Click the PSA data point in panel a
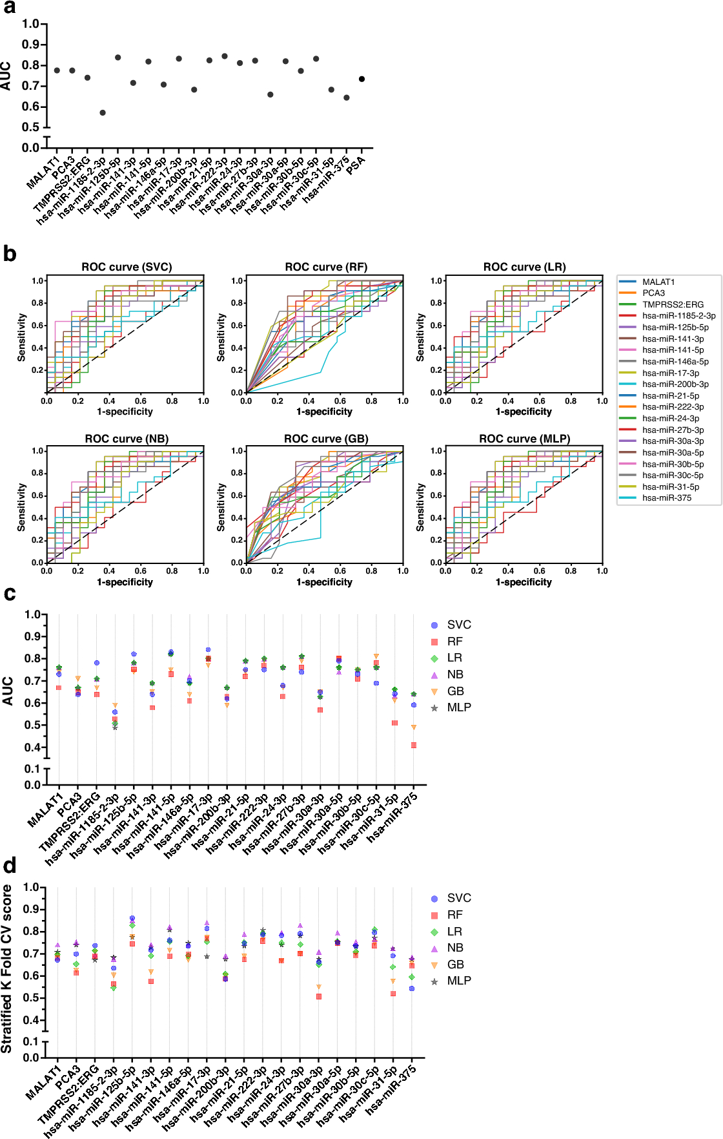point(362,79)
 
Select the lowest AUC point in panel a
point(103,112)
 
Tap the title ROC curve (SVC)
point(127,267)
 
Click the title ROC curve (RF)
point(326,267)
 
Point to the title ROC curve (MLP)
point(524,439)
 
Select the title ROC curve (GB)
point(326,439)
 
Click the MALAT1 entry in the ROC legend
point(658,282)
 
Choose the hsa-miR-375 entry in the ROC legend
point(666,498)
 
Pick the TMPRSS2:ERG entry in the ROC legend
point(673,304)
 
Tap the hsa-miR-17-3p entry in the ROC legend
point(670,373)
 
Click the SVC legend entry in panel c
point(458,625)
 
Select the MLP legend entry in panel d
point(458,981)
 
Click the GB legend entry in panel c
point(455,691)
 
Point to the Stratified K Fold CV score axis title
point(7,969)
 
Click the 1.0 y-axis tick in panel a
point(30,24)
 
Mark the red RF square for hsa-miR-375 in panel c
point(414,745)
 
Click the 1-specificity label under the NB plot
point(125,582)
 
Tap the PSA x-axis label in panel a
point(356,165)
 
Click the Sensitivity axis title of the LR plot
point(420,337)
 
